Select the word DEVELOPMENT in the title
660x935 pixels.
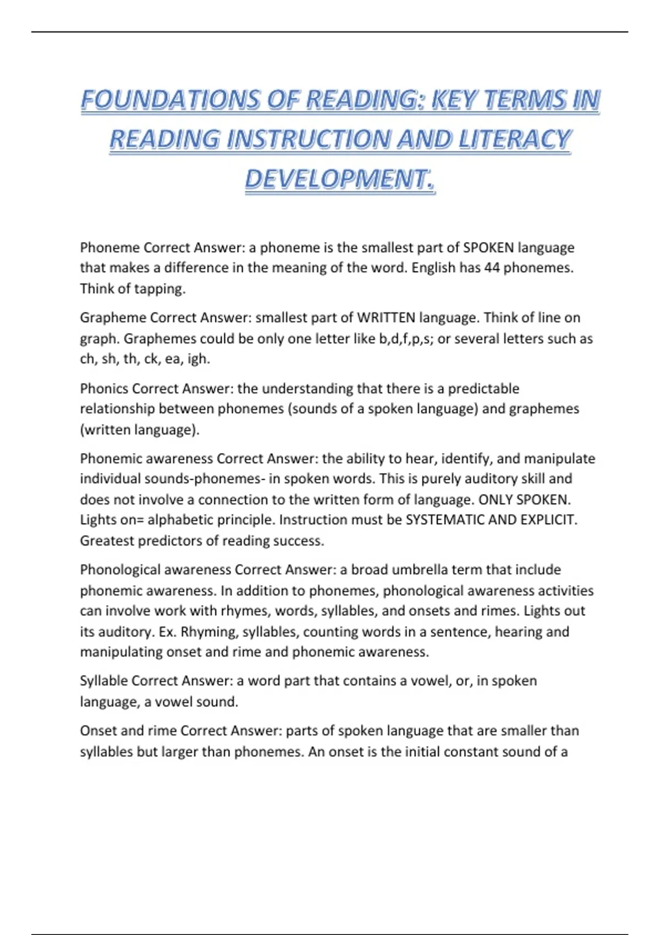(335, 179)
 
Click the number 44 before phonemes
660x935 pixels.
(492, 268)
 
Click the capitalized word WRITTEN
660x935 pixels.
(386, 318)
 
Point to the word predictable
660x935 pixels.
(483, 389)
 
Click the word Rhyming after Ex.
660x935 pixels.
(210, 632)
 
